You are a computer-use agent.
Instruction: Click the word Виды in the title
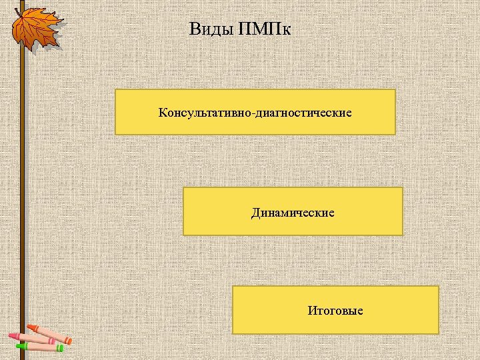click(x=210, y=29)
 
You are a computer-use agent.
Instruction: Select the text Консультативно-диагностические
click(x=255, y=112)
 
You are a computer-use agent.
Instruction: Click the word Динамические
click(x=293, y=213)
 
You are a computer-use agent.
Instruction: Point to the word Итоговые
click(x=335, y=311)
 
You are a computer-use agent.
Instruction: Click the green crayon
click(x=39, y=346)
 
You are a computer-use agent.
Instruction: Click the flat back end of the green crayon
click(x=63, y=347)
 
